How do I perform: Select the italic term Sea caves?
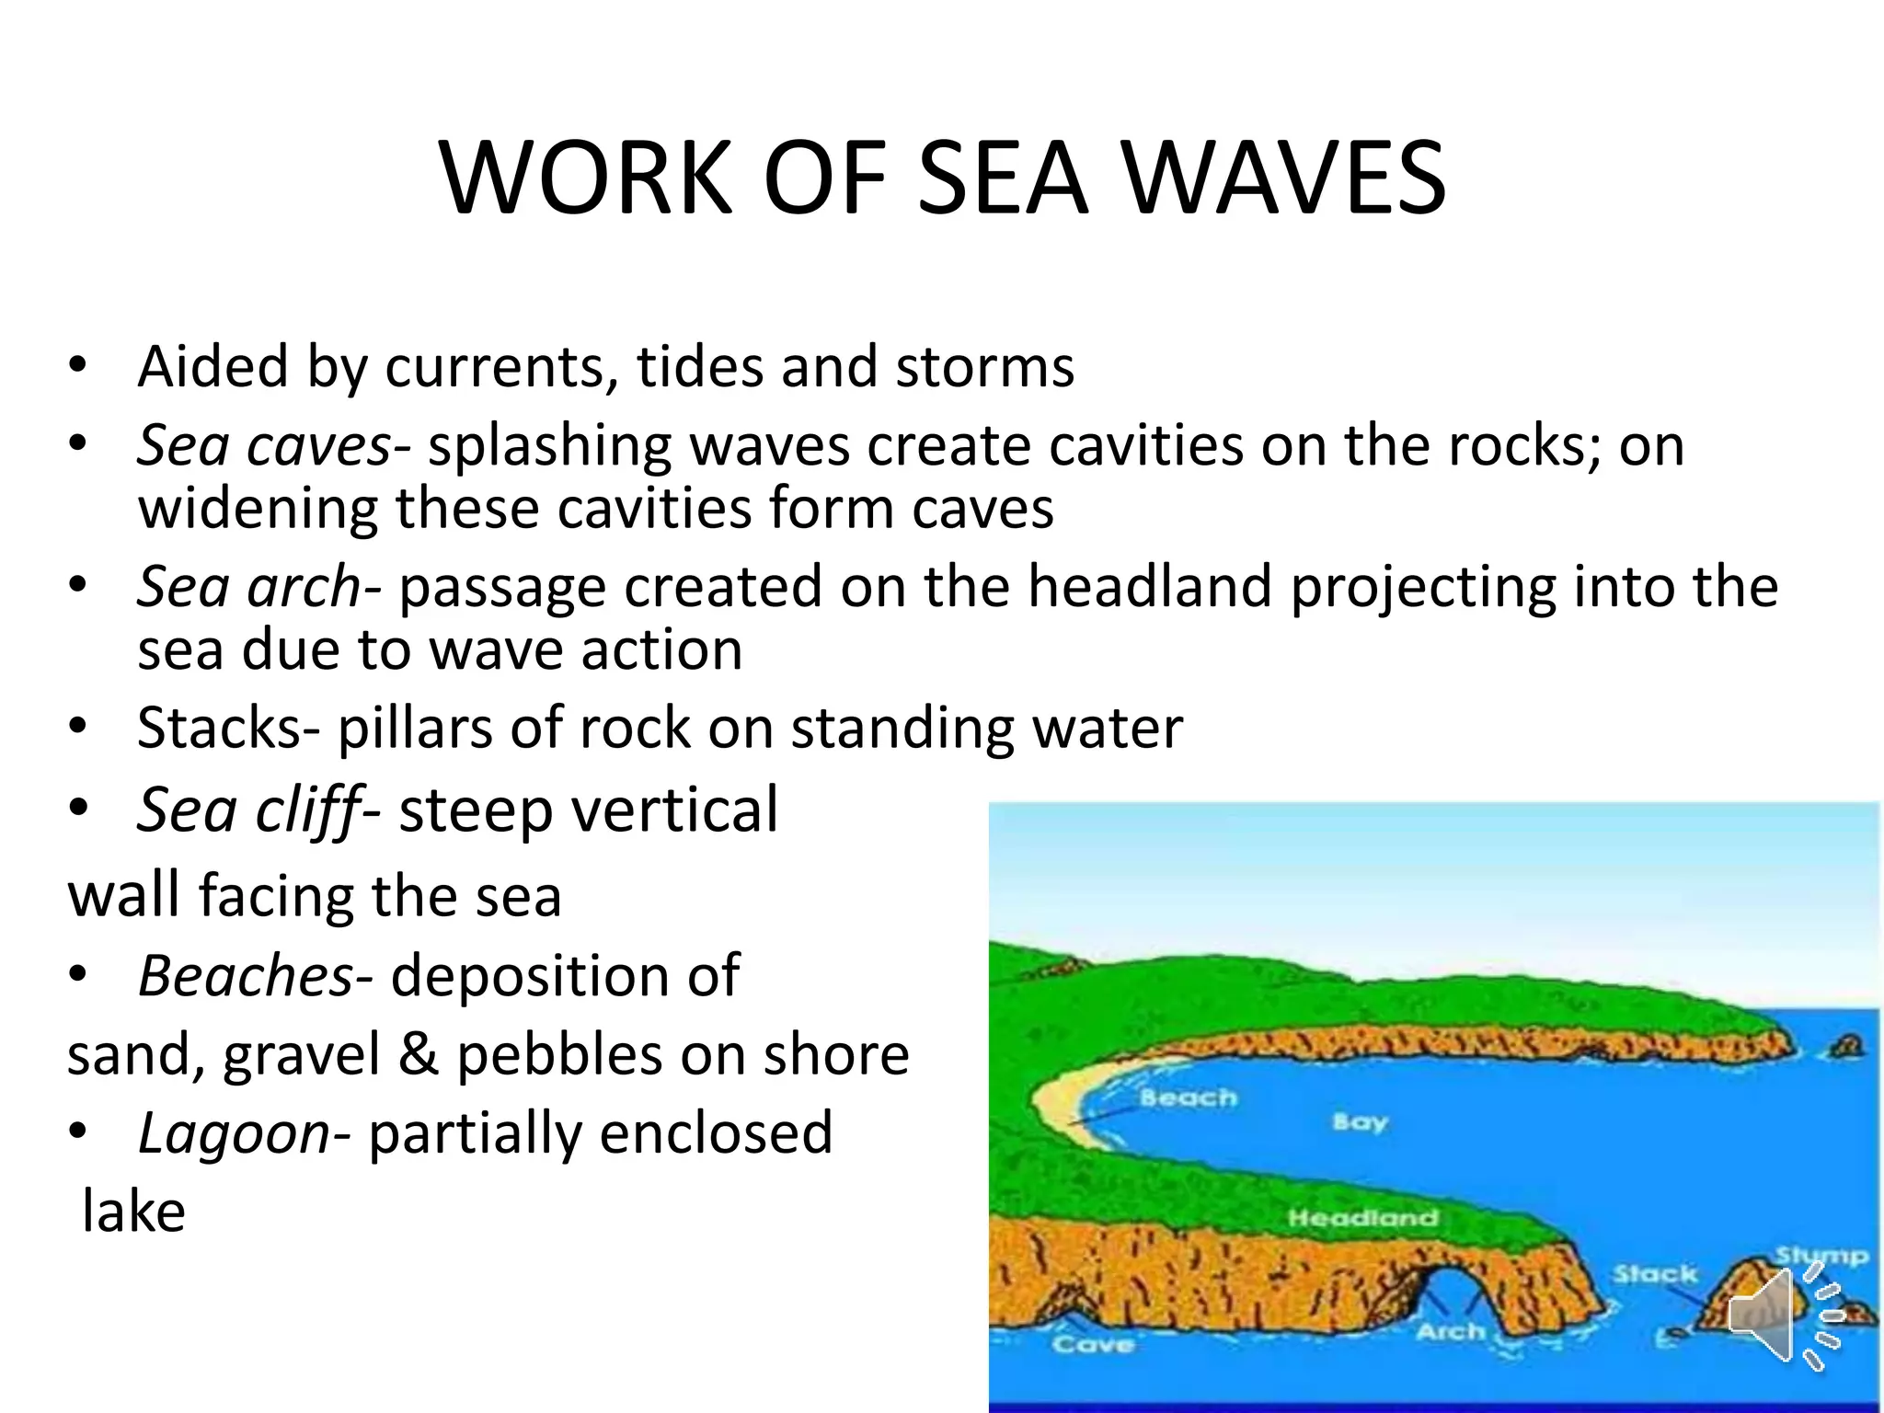[265, 445]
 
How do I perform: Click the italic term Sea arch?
[249, 587]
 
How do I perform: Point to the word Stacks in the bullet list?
[220, 729]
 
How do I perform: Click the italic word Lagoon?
[234, 1132]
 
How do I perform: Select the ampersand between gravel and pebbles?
[419, 1054]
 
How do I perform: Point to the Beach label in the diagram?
[1188, 1097]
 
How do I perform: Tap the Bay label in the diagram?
[1359, 1122]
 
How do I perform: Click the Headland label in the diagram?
[1362, 1218]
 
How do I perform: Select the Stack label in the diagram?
[1654, 1274]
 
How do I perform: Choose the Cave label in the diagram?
[1092, 1345]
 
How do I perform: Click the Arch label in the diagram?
[1451, 1331]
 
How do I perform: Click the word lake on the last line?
[134, 1212]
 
